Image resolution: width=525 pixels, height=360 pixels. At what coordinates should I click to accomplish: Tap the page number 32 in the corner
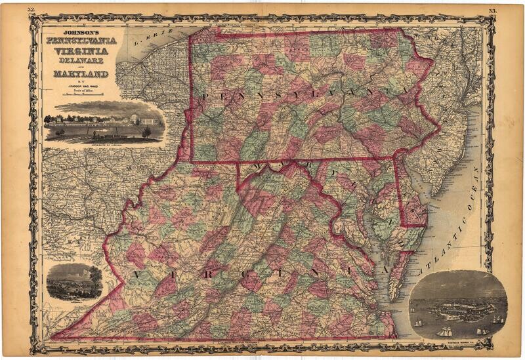(x=31, y=10)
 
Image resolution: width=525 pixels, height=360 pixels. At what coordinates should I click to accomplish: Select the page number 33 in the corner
(x=493, y=10)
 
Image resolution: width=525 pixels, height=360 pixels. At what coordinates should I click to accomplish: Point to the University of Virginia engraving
(x=105, y=122)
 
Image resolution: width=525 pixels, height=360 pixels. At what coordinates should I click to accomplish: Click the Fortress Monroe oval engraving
(x=457, y=304)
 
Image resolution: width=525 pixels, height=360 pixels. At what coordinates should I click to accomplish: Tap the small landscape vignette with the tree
(x=74, y=282)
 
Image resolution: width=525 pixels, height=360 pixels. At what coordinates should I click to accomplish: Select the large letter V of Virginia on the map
(x=137, y=273)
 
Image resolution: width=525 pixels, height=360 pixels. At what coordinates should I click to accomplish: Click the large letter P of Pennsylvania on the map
(x=207, y=96)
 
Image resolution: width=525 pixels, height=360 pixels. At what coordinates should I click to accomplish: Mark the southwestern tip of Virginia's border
(x=52, y=338)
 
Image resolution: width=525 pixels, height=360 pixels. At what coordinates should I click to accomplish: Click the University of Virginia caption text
(x=105, y=140)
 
